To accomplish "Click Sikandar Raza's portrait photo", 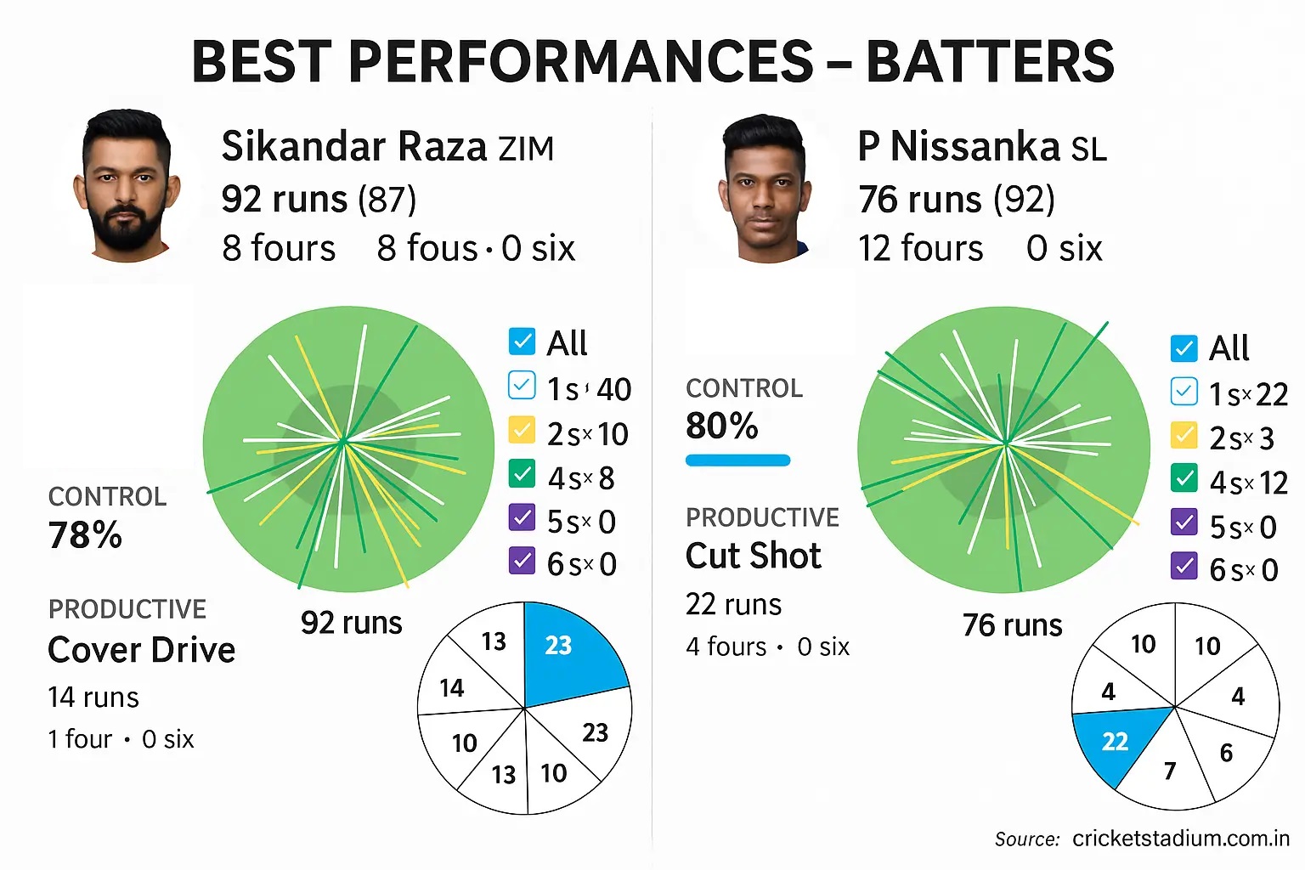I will (127, 184).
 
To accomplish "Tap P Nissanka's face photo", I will (764, 188).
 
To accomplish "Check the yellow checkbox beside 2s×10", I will (522, 431).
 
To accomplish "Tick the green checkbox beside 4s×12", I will (1184, 479).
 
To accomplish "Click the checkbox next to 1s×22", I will (1184, 391).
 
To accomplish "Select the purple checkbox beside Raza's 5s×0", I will (522, 517).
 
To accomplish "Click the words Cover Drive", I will (142, 650).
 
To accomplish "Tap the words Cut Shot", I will (754, 556).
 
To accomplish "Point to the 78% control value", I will (85, 535).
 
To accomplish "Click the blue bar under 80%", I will (737, 460).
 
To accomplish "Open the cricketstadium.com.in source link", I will (1181, 839).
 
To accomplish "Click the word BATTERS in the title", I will (990, 61).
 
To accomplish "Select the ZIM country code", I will (526, 150).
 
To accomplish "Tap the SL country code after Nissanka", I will (1088, 150).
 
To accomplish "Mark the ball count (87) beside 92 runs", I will (387, 200).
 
